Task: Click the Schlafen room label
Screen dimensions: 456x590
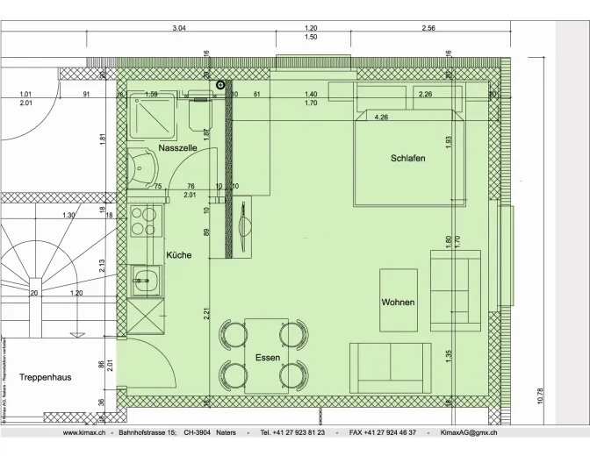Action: [408, 158]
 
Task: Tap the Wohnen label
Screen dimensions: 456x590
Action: [398, 303]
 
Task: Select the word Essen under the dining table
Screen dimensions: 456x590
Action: [268, 358]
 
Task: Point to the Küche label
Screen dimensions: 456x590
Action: [179, 255]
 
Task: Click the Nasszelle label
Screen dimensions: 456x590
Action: [177, 149]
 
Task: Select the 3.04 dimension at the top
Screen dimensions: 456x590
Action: [179, 28]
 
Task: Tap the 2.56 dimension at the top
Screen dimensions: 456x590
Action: [428, 28]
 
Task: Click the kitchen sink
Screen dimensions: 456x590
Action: [144, 282]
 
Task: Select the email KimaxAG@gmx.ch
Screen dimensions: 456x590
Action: [468, 433]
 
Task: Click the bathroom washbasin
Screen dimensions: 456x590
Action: [140, 167]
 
